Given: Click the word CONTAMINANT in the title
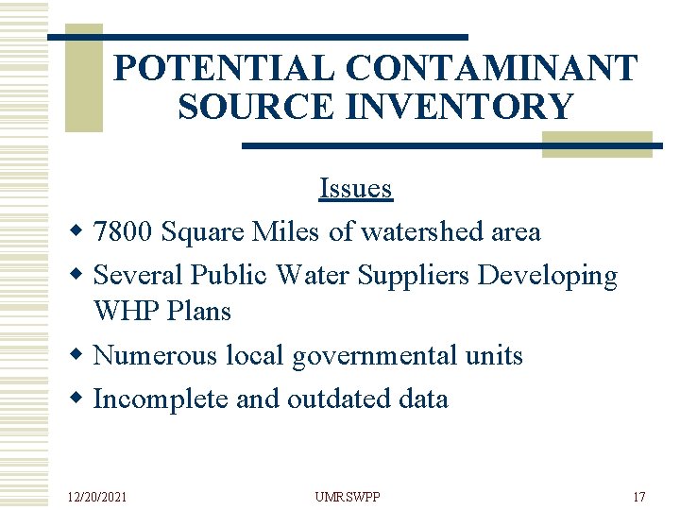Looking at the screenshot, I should pos(492,68).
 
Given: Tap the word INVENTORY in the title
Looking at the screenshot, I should pos(460,107).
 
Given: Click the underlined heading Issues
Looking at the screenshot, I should pos(355,188).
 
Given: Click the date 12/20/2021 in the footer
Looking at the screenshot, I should pos(98,496).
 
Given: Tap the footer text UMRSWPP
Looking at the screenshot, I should pos(347,496).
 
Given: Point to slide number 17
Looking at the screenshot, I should pos(638,496).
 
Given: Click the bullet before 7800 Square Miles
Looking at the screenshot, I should pos(78,231).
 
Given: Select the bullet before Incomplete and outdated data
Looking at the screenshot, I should pos(78,399).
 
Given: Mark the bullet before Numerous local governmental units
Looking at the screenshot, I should pos(78,355).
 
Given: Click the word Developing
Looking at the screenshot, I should pos(548,275).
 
